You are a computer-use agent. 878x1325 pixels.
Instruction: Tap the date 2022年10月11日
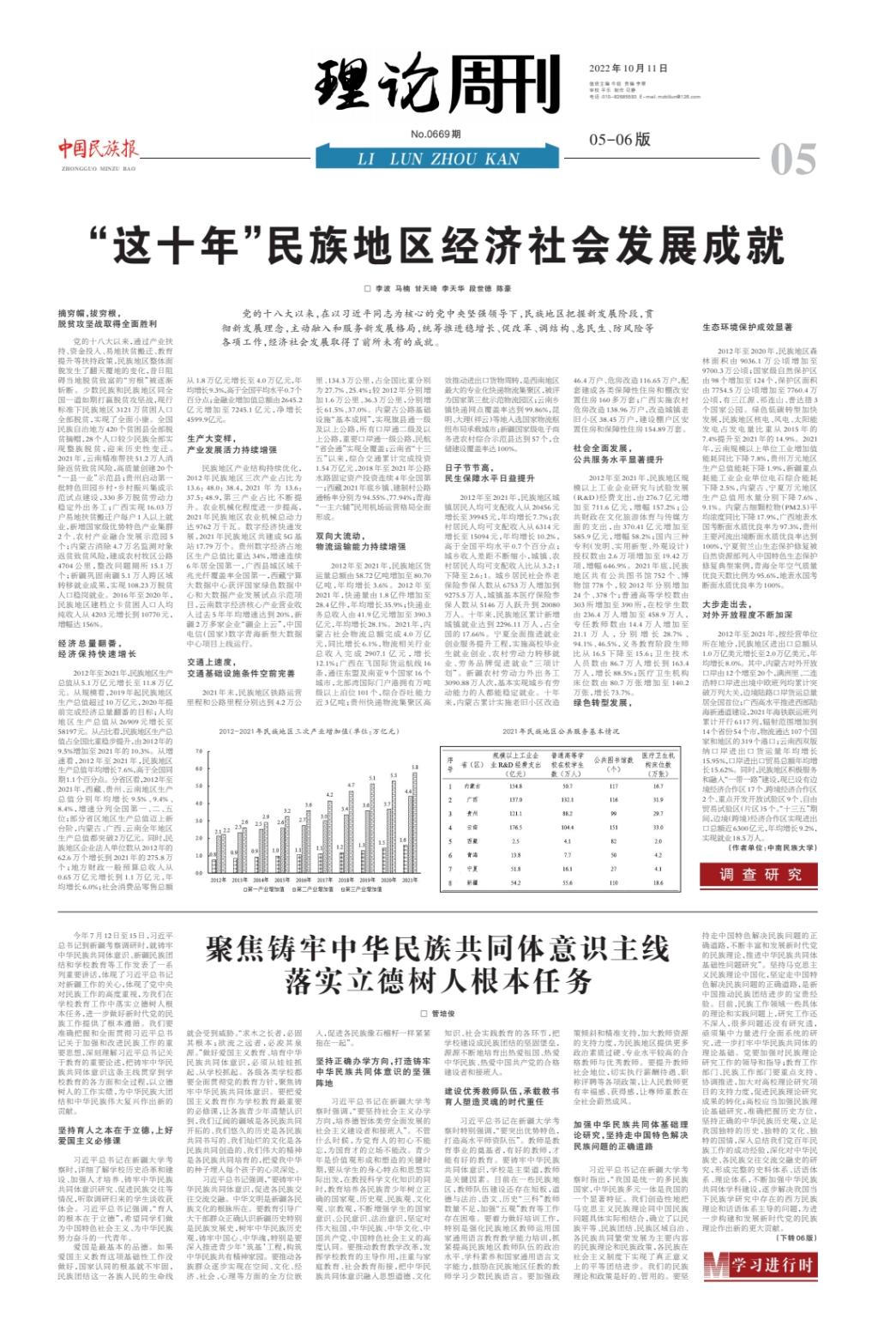tap(628, 69)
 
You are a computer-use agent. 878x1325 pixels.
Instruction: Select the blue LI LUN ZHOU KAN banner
tap(438, 158)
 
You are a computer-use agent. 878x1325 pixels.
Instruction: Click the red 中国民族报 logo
tap(99, 148)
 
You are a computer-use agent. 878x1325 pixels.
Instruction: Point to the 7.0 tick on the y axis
tap(199, 752)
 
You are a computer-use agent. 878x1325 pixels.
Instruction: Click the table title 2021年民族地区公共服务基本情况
tap(561, 732)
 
